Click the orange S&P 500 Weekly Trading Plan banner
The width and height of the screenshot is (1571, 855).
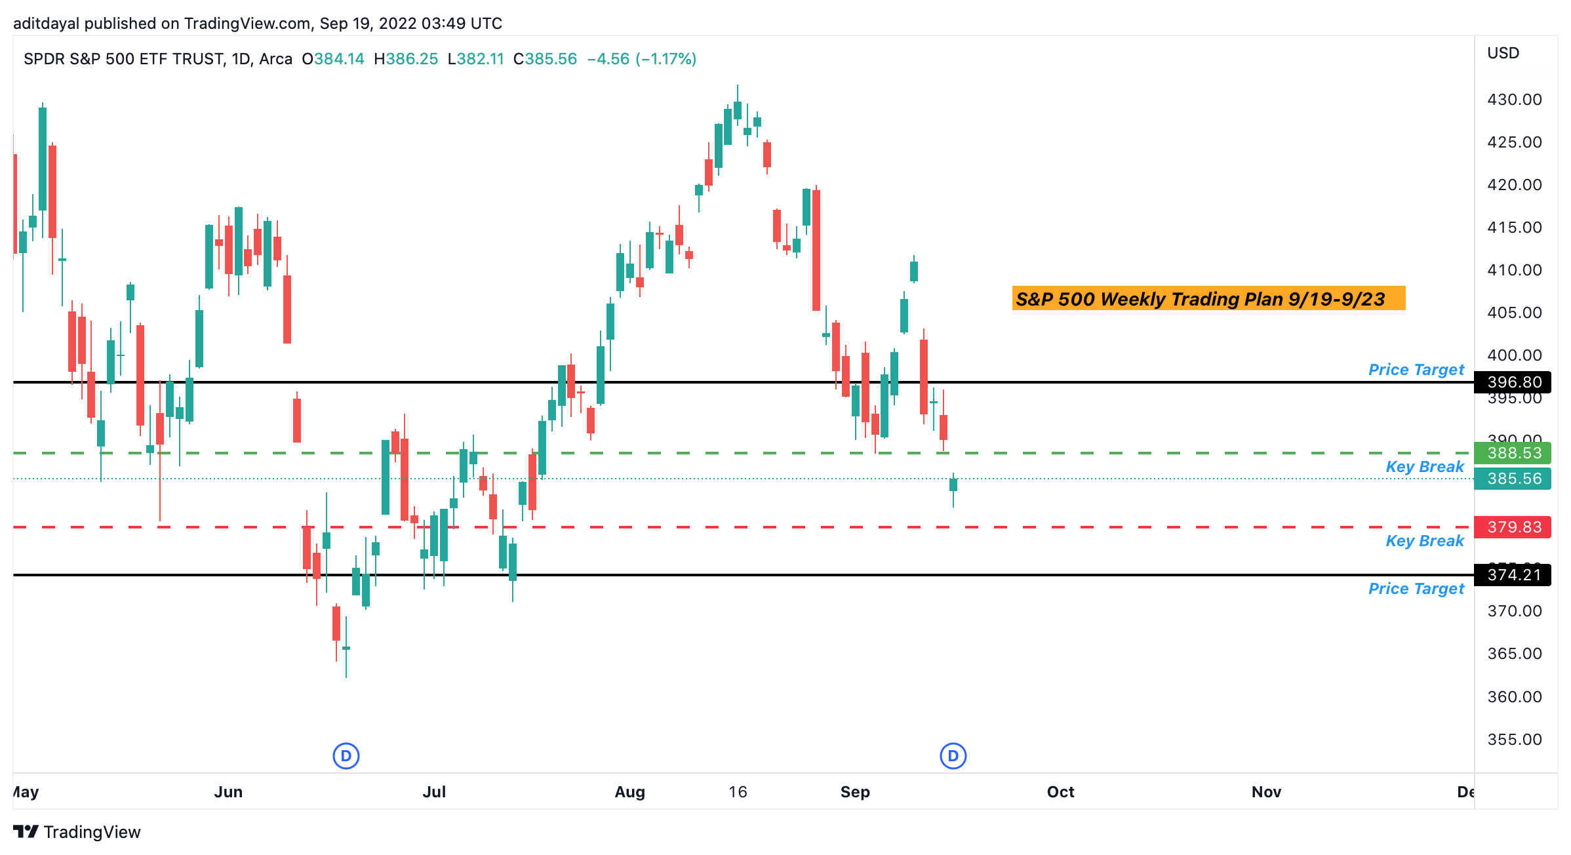click(x=1208, y=299)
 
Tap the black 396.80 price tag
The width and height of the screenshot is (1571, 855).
click(x=1513, y=382)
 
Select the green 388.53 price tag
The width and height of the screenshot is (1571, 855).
click(x=1513, y=453)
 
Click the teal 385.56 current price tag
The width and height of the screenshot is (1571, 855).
click(x=1513, y=479)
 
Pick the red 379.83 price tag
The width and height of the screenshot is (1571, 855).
click(x=1513, y=527)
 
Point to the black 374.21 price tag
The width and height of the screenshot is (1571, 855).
click(x=1513, y=575)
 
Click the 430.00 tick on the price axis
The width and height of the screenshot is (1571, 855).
click(x=1514, y=100)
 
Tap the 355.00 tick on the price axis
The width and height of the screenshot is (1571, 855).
click(x=1514, y=740)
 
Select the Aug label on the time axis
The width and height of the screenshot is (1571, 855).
click(x=629, y=792)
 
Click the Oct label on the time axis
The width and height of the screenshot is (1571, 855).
click(x=1060, y=792)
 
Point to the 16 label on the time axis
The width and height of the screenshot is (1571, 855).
click(x=738, y=792)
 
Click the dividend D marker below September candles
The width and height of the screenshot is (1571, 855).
click(x=953, y=756)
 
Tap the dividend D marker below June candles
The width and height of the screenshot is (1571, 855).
click(x=346, y=756)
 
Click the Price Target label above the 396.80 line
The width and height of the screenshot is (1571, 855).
click(x=1416, y=370)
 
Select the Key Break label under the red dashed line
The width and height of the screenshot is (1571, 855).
click(x=1424, y=541)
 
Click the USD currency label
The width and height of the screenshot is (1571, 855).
click(x=1503, y=53)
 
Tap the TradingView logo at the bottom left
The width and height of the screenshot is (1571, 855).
click(x=77, y=832)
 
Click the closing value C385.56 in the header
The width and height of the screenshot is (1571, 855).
click(x=545, y=59)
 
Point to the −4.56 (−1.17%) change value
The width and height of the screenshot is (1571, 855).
click(x=641, y=59)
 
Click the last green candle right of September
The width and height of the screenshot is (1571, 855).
click(x=953, y=485)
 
